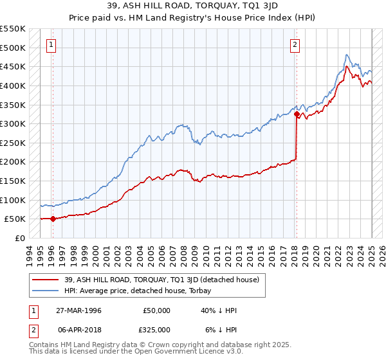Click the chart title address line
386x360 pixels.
tap(192, 5)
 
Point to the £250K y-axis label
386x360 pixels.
tap(13, 143)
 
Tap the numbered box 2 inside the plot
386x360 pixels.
tap(295, 44)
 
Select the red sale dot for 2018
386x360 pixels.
tap(297, 114)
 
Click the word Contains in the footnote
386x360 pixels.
tap(44, 345)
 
